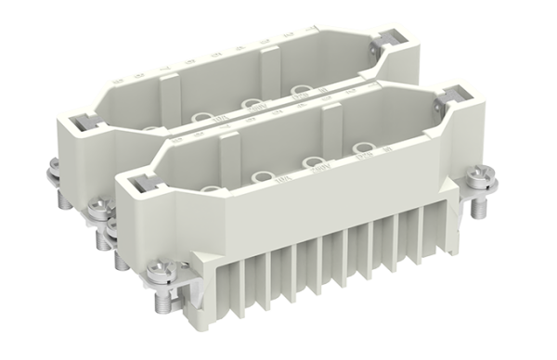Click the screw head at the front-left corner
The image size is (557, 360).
coord(158,269)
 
